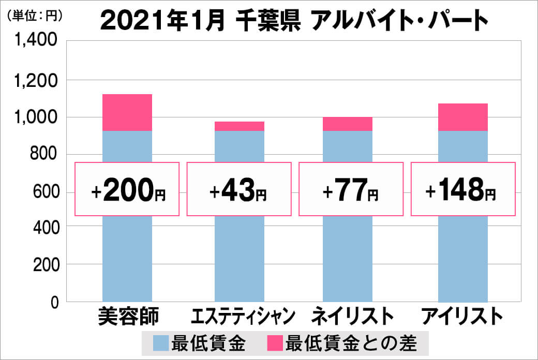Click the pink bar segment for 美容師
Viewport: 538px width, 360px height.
click(x=127, y=112)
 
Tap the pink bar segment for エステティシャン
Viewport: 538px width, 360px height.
click(x=239, y=126)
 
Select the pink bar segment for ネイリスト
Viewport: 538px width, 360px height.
click(x=347, y=124)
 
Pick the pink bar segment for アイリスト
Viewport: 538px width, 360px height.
click(x=462, y=117)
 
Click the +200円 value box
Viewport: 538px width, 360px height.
click(x=127, y=189)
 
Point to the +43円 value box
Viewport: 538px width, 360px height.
click(x=239, y=189)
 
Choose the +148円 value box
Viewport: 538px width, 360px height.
click(x=462, y=189)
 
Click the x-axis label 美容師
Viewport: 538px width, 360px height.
click(x=127, y=317)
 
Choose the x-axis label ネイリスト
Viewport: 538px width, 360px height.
click(x=349, y=317)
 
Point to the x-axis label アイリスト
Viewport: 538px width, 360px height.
click(x=462, y=317)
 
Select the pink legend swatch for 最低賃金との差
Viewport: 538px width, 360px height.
click(x=275, y=342)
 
